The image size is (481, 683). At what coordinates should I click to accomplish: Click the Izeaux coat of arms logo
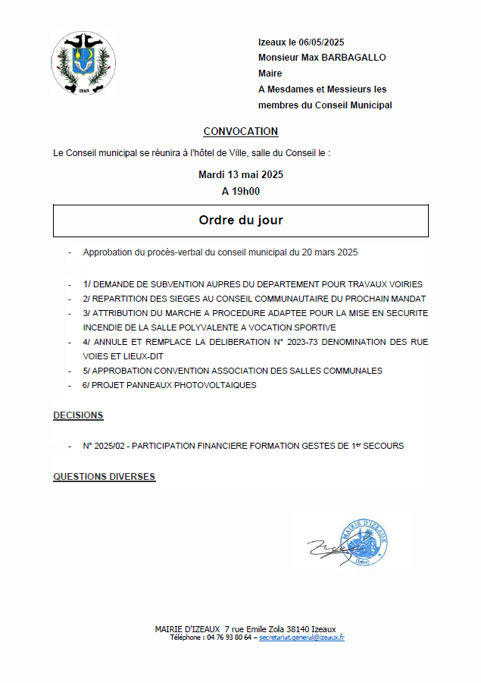tap(83, 63)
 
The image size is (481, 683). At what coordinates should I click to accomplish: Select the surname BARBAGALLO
tap(354, 58)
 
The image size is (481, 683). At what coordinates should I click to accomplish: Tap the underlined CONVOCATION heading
tap(241, 131)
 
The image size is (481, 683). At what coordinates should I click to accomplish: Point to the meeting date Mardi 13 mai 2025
tap(241, 174)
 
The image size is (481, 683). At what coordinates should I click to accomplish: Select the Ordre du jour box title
tap(241, 221)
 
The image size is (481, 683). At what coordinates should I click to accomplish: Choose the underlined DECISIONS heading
tap(78, 415)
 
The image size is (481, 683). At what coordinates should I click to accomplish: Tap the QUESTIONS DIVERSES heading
tap(104, 476)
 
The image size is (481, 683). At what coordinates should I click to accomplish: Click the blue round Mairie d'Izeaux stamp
tap(365, 540)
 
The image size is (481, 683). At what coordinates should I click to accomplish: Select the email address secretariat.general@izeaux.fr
tap(301, 638)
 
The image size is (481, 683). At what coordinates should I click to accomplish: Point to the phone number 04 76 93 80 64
tap(229, 638)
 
